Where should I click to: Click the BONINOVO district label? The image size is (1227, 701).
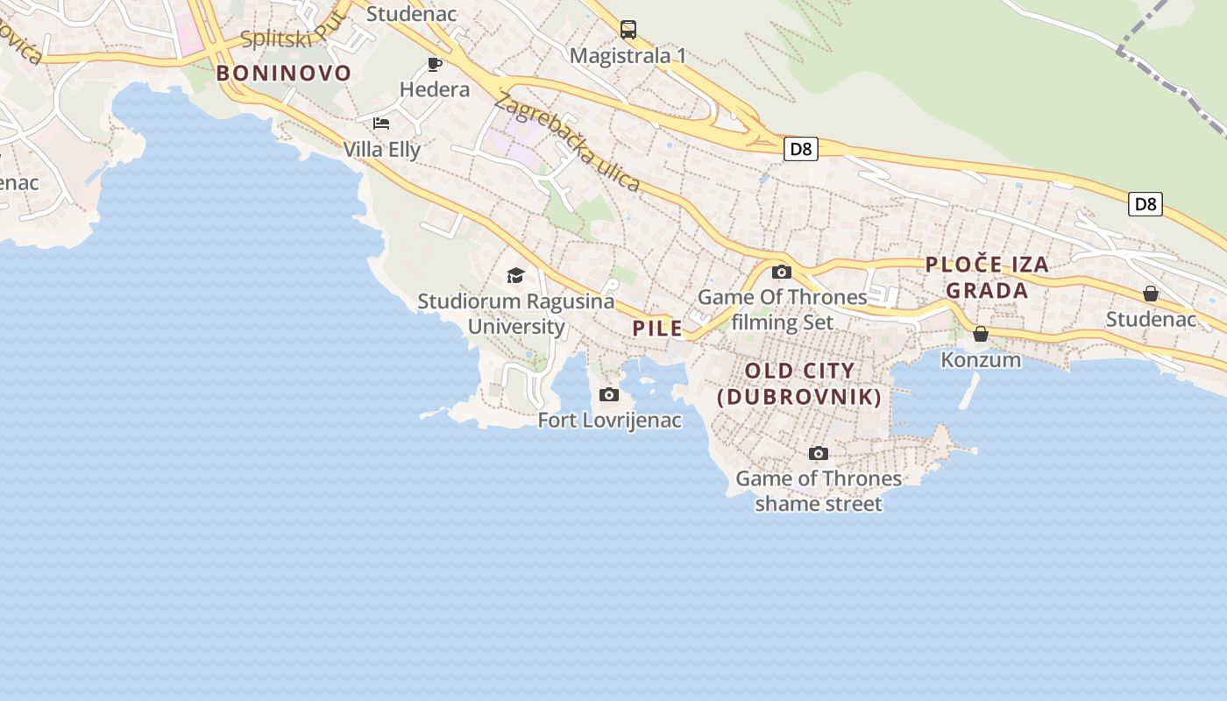coord(283,73)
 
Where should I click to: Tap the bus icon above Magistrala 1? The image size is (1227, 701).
coord(628,30)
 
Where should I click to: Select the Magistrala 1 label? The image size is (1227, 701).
coord(628,56)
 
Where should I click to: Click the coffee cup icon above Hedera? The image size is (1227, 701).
coord(434,64)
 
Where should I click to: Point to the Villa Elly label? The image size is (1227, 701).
coord(381,150)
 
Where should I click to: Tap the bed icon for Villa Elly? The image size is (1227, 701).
coord(381,124)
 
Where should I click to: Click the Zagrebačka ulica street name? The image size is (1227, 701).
coord(567,142)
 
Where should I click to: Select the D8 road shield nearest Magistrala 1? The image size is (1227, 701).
coord(801,149)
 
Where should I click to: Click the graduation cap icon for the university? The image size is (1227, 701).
coord(515,276)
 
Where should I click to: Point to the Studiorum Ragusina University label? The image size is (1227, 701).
coord(516,314)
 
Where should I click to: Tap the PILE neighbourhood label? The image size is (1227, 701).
coord(657,329)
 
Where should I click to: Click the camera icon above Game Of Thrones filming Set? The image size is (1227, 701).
coord(782,272)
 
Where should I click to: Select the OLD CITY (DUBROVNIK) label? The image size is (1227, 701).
coord(799,384)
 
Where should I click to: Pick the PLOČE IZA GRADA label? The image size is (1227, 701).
coord(987,277)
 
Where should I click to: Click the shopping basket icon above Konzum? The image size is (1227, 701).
coord(981,334)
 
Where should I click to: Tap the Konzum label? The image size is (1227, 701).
coord(981,360)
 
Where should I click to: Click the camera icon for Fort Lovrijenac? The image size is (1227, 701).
coord(609,395)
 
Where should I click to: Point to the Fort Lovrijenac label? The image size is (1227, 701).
coord(609,421)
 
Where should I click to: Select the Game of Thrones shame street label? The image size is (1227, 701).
coord(819,491)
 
